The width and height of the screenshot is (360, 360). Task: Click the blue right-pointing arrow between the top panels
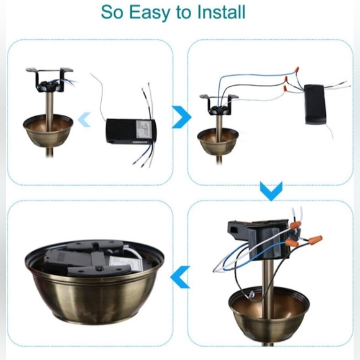[x=181, y=115]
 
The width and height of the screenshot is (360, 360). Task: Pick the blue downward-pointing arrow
[x=271, y=191]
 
